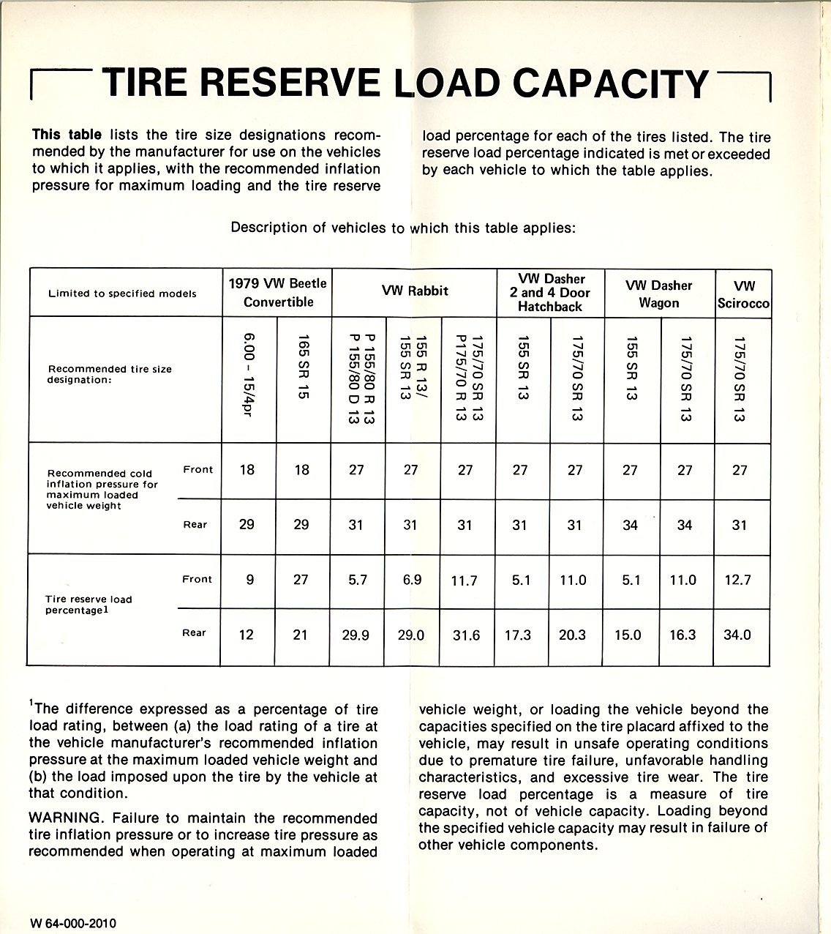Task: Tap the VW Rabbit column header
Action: [415, 291]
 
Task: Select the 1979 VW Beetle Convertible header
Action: [277, 292]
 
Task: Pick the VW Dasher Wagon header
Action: [658, 294]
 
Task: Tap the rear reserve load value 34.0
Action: [737, 635]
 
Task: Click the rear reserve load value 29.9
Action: [356, 635]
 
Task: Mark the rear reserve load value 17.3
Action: [518, 635]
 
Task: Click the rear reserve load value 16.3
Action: [683, 635]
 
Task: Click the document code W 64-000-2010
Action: [73, 923]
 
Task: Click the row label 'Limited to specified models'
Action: [122, 294]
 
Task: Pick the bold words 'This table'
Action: [67, 135]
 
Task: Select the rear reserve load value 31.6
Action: [466, 635]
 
